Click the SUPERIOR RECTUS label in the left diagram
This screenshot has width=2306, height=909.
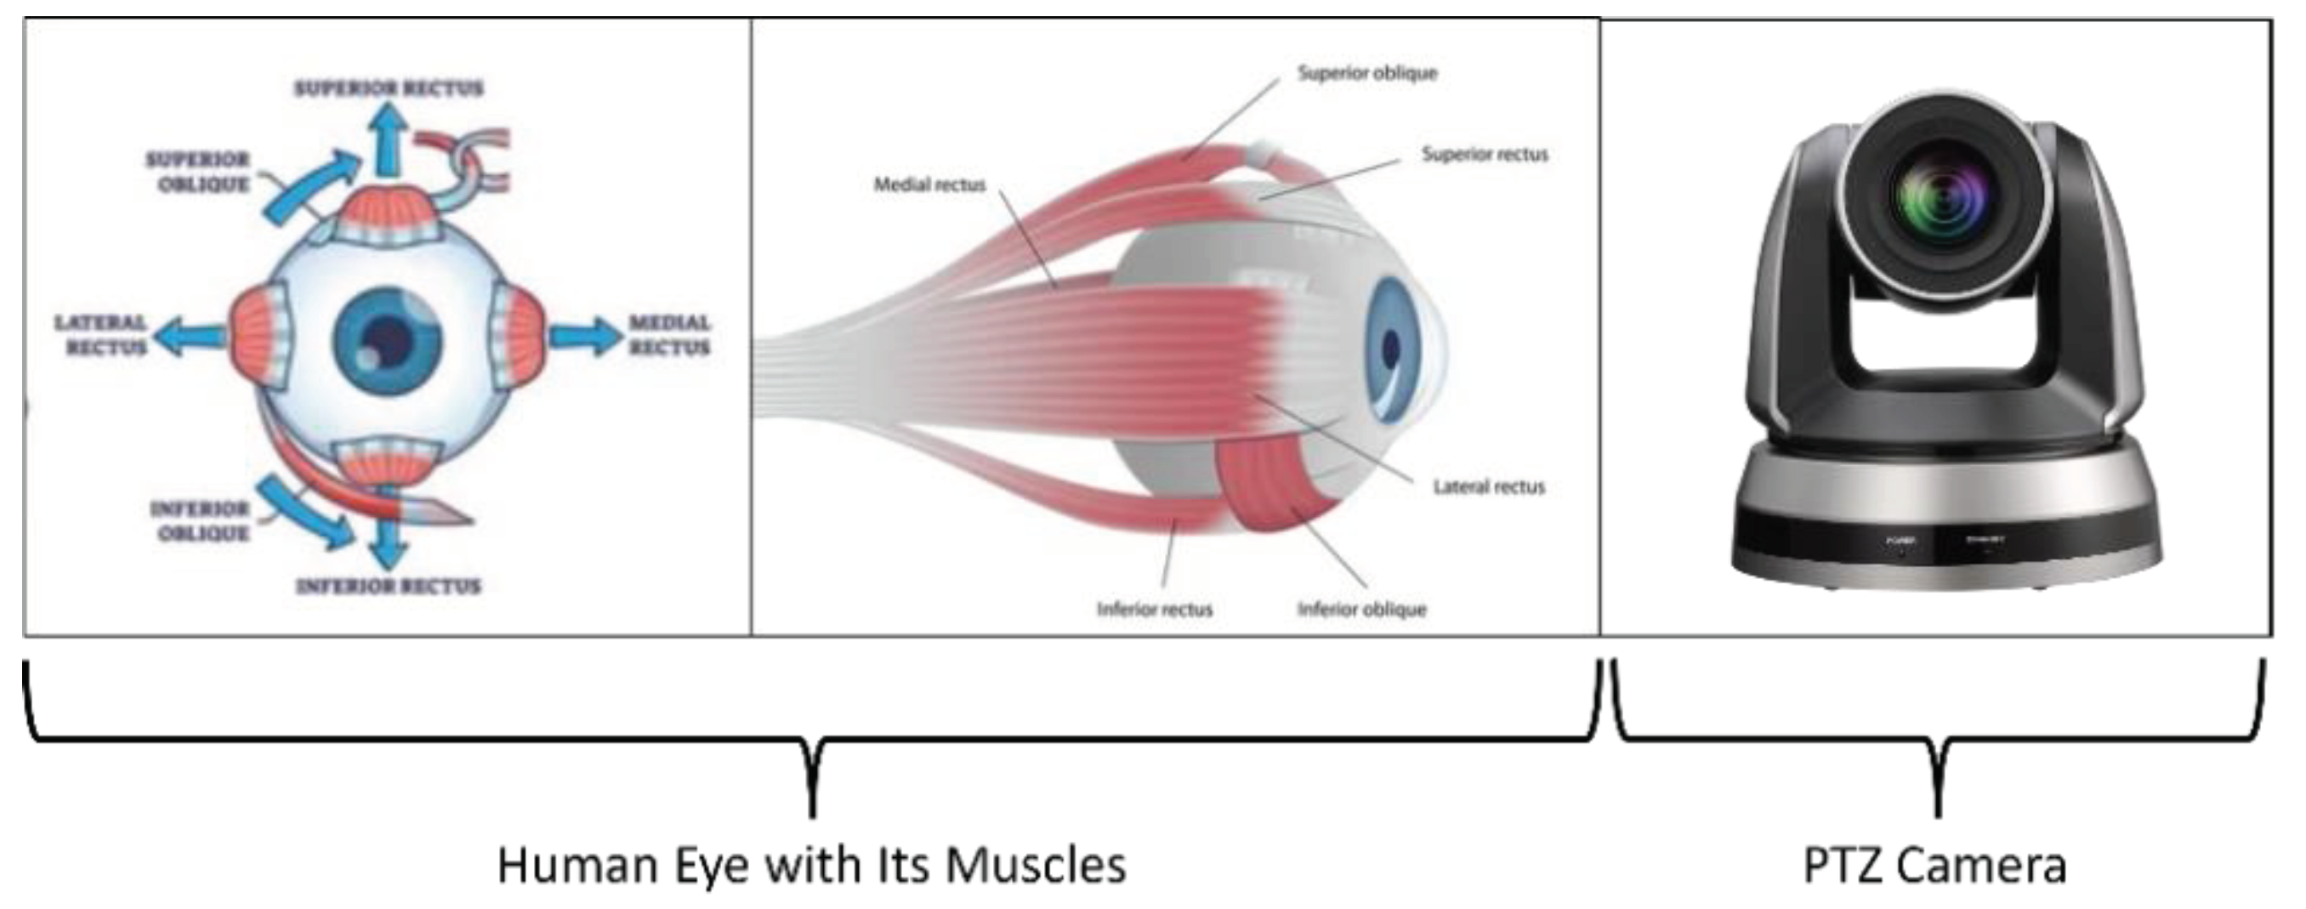(x=389, y=88)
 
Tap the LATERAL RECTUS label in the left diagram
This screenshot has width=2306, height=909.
(x=101, y=334)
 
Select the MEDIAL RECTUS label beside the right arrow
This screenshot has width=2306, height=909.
(x=669, y=334)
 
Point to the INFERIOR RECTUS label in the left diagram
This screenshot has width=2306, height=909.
(x=389, y=587)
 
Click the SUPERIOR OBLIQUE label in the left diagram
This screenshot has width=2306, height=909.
(x=199, y=171)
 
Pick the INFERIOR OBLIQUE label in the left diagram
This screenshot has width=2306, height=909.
(x=200, y=520)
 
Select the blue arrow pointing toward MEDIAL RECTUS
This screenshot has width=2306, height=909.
(x=583, y=337)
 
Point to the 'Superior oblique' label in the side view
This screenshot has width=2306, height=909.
(x=1367, y=73)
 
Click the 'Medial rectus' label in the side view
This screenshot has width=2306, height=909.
(x=929, y=185)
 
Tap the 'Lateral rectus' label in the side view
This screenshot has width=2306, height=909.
(x=1489, y=487)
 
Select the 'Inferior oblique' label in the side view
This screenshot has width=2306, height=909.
(x=1361, y=610)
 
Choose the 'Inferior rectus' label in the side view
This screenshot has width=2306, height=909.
(x=1154, y=610)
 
